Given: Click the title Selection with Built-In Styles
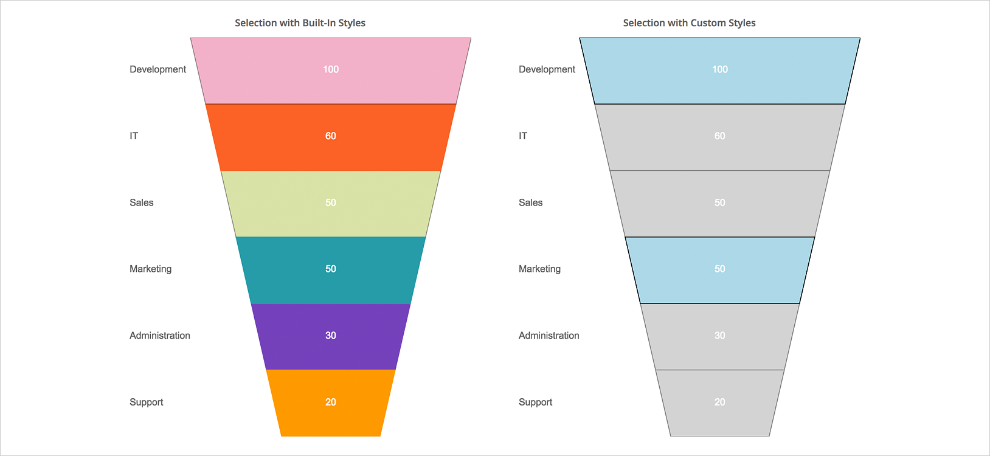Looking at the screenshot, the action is (300, 23).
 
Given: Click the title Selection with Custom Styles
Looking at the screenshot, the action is (689, 23).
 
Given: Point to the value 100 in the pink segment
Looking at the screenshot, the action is (331, 69).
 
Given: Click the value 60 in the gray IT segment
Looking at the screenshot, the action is (719, 136).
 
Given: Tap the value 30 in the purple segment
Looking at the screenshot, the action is (331, 336).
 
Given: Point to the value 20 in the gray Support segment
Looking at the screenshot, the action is (719, 402).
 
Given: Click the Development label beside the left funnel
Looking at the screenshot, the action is (157, 69).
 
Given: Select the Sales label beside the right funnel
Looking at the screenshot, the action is (530, 202).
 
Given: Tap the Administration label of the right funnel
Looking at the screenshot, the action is (549, 336).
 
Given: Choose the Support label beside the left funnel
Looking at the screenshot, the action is (147, 402).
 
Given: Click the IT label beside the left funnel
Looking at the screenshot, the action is (134, 136).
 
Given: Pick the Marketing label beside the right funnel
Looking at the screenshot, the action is (539, 269).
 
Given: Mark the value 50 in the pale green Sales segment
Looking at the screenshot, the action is (331, 202).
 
